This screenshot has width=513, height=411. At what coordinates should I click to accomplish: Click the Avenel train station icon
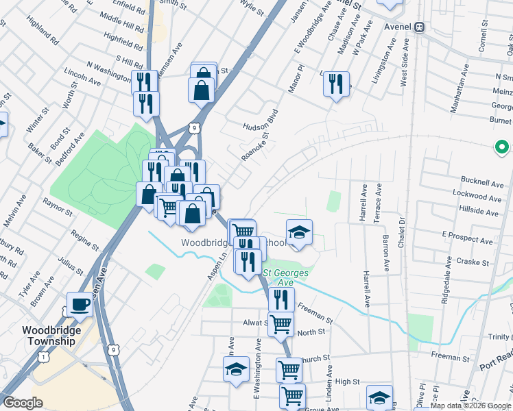point(419,27)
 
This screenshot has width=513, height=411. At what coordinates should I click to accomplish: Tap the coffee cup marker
point(80,303)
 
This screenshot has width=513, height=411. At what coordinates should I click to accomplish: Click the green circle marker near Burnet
point(501,147)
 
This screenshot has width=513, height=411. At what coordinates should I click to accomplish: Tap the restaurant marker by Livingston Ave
point(335,84)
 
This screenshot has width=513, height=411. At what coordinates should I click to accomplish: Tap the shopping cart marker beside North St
point(280,323)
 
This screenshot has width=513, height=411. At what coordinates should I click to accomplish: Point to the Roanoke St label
point(252,146)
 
